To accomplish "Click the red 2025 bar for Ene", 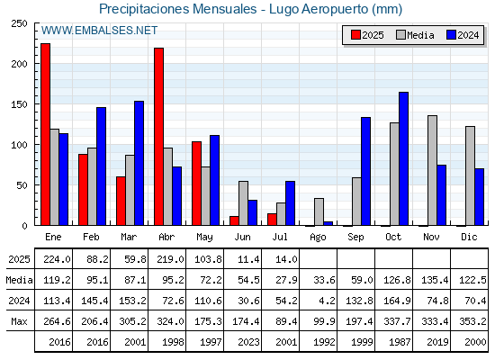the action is tap(45, 134).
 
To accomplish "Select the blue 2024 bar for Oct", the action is tap(404, 158).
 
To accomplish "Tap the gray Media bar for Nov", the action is tap(432, 170).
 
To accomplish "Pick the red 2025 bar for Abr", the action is tap(158, 137).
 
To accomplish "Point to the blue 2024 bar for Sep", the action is tap(365, 171).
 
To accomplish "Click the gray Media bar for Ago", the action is tap(319, 211).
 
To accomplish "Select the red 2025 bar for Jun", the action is tap(234, 220).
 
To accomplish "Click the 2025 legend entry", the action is tap(367, 35).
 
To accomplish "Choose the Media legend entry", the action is tap(415, 35).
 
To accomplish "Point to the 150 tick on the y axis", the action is tap(19, 104).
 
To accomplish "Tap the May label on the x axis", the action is tap(204, 238).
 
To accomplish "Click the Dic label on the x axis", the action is tap(469, 237).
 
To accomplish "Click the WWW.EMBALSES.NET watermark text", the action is tap(99, 31).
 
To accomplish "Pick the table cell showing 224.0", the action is tap(57, 259).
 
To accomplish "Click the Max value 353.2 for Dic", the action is tap(472, 321).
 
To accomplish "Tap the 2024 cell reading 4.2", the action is tap(328, 301).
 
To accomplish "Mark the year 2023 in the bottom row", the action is tap(248, 342).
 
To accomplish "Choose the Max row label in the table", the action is tap(19, 321).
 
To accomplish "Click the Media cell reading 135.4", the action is tap(435, 280).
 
